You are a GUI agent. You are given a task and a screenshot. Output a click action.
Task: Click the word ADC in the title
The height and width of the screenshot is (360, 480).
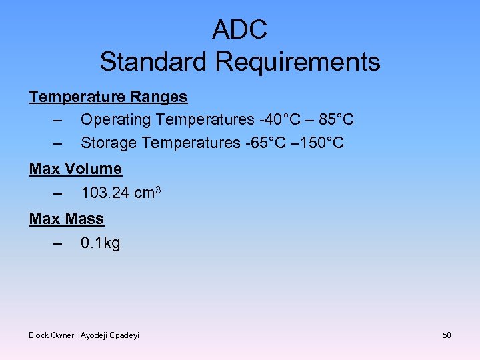(x=240, y=29)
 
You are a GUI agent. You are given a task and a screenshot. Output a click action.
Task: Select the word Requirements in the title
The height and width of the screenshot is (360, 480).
(x=298, y=62)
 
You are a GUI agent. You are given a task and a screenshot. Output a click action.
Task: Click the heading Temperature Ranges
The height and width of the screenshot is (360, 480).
(x=108, y=97)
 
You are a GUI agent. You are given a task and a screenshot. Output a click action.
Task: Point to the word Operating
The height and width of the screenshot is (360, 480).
(x=116, y=120)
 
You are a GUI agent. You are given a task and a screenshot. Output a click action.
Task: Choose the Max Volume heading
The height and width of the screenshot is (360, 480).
(x=75, y=169)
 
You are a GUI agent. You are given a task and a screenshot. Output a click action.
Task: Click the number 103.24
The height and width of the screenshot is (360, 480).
(x=105, y=193)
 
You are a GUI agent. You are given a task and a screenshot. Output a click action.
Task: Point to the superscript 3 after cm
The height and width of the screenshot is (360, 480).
(x=158, y=190)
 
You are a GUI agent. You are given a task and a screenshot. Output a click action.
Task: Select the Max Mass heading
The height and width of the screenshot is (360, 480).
(x=67, y=218)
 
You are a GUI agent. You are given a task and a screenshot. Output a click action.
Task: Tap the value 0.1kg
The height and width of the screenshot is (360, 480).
(x=100, y=243)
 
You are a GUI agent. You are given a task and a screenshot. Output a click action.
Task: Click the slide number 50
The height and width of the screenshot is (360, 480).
(x=447, y=335)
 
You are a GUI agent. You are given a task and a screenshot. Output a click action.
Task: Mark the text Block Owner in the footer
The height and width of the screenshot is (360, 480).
(x=53, y=335)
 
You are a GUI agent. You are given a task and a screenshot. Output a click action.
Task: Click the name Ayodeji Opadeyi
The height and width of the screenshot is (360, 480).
(x=110, y=335)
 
